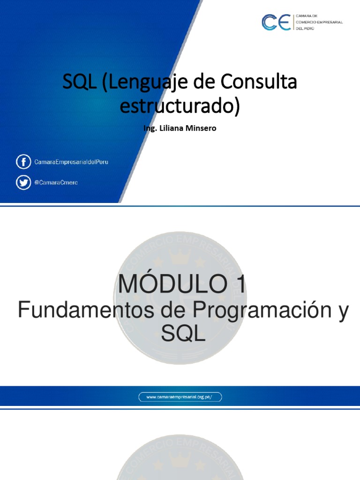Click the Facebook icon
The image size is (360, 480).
click(23, 162)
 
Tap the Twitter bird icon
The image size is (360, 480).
click(23, 182)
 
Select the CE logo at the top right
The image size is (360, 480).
click(276, 22)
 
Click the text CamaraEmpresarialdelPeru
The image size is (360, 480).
click(71, 162)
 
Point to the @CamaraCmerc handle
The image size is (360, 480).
click(56, 182)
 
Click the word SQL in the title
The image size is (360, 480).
click(77, 82)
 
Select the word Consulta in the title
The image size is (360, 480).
click(258, 82)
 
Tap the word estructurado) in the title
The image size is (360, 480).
click(180, 105)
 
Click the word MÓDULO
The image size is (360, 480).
click(167, 285)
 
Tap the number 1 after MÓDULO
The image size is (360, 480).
click(238, 285)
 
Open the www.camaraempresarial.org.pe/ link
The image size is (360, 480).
click(180, 397)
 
